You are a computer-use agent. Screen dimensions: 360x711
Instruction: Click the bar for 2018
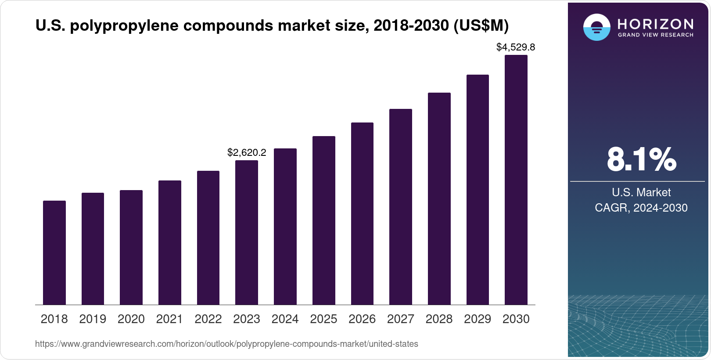coord(54,252)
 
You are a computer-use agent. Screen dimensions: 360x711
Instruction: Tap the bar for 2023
coord(247,232)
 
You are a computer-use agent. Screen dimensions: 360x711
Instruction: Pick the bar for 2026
coord(362,213)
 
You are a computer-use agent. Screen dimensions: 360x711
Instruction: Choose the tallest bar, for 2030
coord(516,180)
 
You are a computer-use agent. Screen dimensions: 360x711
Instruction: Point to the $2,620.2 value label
coord(247,152)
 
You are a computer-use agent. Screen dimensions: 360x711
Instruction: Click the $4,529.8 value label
coord(516,47)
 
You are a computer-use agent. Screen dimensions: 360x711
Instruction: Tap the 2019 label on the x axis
coord(93,319)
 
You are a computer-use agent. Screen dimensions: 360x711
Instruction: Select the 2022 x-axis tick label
coord(208,319)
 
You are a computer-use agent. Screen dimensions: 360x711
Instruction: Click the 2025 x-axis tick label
coord(323,319)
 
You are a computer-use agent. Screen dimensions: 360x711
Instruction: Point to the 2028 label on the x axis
coord(439,319)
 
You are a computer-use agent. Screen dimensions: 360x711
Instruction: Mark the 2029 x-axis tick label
coord(478,319)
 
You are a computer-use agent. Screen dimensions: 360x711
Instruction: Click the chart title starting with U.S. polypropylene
coord(272,26)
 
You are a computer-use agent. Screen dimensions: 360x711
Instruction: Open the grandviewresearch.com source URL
coord(226,344)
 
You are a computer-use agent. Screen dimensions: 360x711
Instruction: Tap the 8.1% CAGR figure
coord(641,159)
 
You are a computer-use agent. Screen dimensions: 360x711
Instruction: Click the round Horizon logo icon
coord(596,27)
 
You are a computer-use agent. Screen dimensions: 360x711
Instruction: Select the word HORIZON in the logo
coord(656,24)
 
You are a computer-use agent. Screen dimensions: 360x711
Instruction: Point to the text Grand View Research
coord(656,35)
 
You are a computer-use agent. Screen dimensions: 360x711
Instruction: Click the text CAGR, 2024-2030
coord(641,208)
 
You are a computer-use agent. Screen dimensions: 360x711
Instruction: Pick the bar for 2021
coord(170,242)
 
